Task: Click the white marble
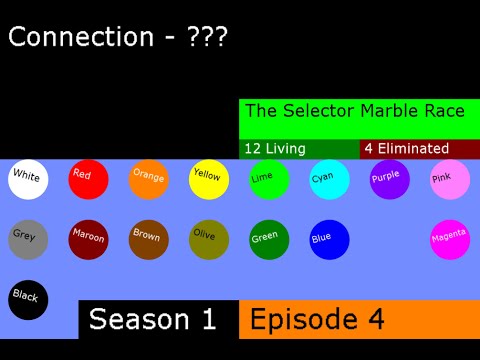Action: tap(28, 179)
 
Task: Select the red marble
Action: tap(88, 179)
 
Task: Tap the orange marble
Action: tap(148, 179)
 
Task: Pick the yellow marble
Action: tap(208, 179)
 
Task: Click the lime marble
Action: tap(268, 179)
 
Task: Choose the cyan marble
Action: tap(328, 179)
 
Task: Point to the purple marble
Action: tap(388, 179)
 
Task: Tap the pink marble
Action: tap(449, 179)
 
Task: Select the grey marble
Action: tap(28, 239)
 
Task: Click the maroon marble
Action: tap(88, 239)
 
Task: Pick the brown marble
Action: tap(148, 239)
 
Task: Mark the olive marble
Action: tap(208, 239)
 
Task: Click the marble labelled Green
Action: tap(268, 239)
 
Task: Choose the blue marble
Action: tap(328, 239)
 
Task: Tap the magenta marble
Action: tap(449, 239)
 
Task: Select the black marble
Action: tap(28, 299)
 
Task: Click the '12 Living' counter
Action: tap(299, 149)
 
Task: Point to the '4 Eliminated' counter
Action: tap(419, 149)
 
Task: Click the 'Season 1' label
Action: tap(158, 319)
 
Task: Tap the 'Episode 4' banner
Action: tap(359, 319)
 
